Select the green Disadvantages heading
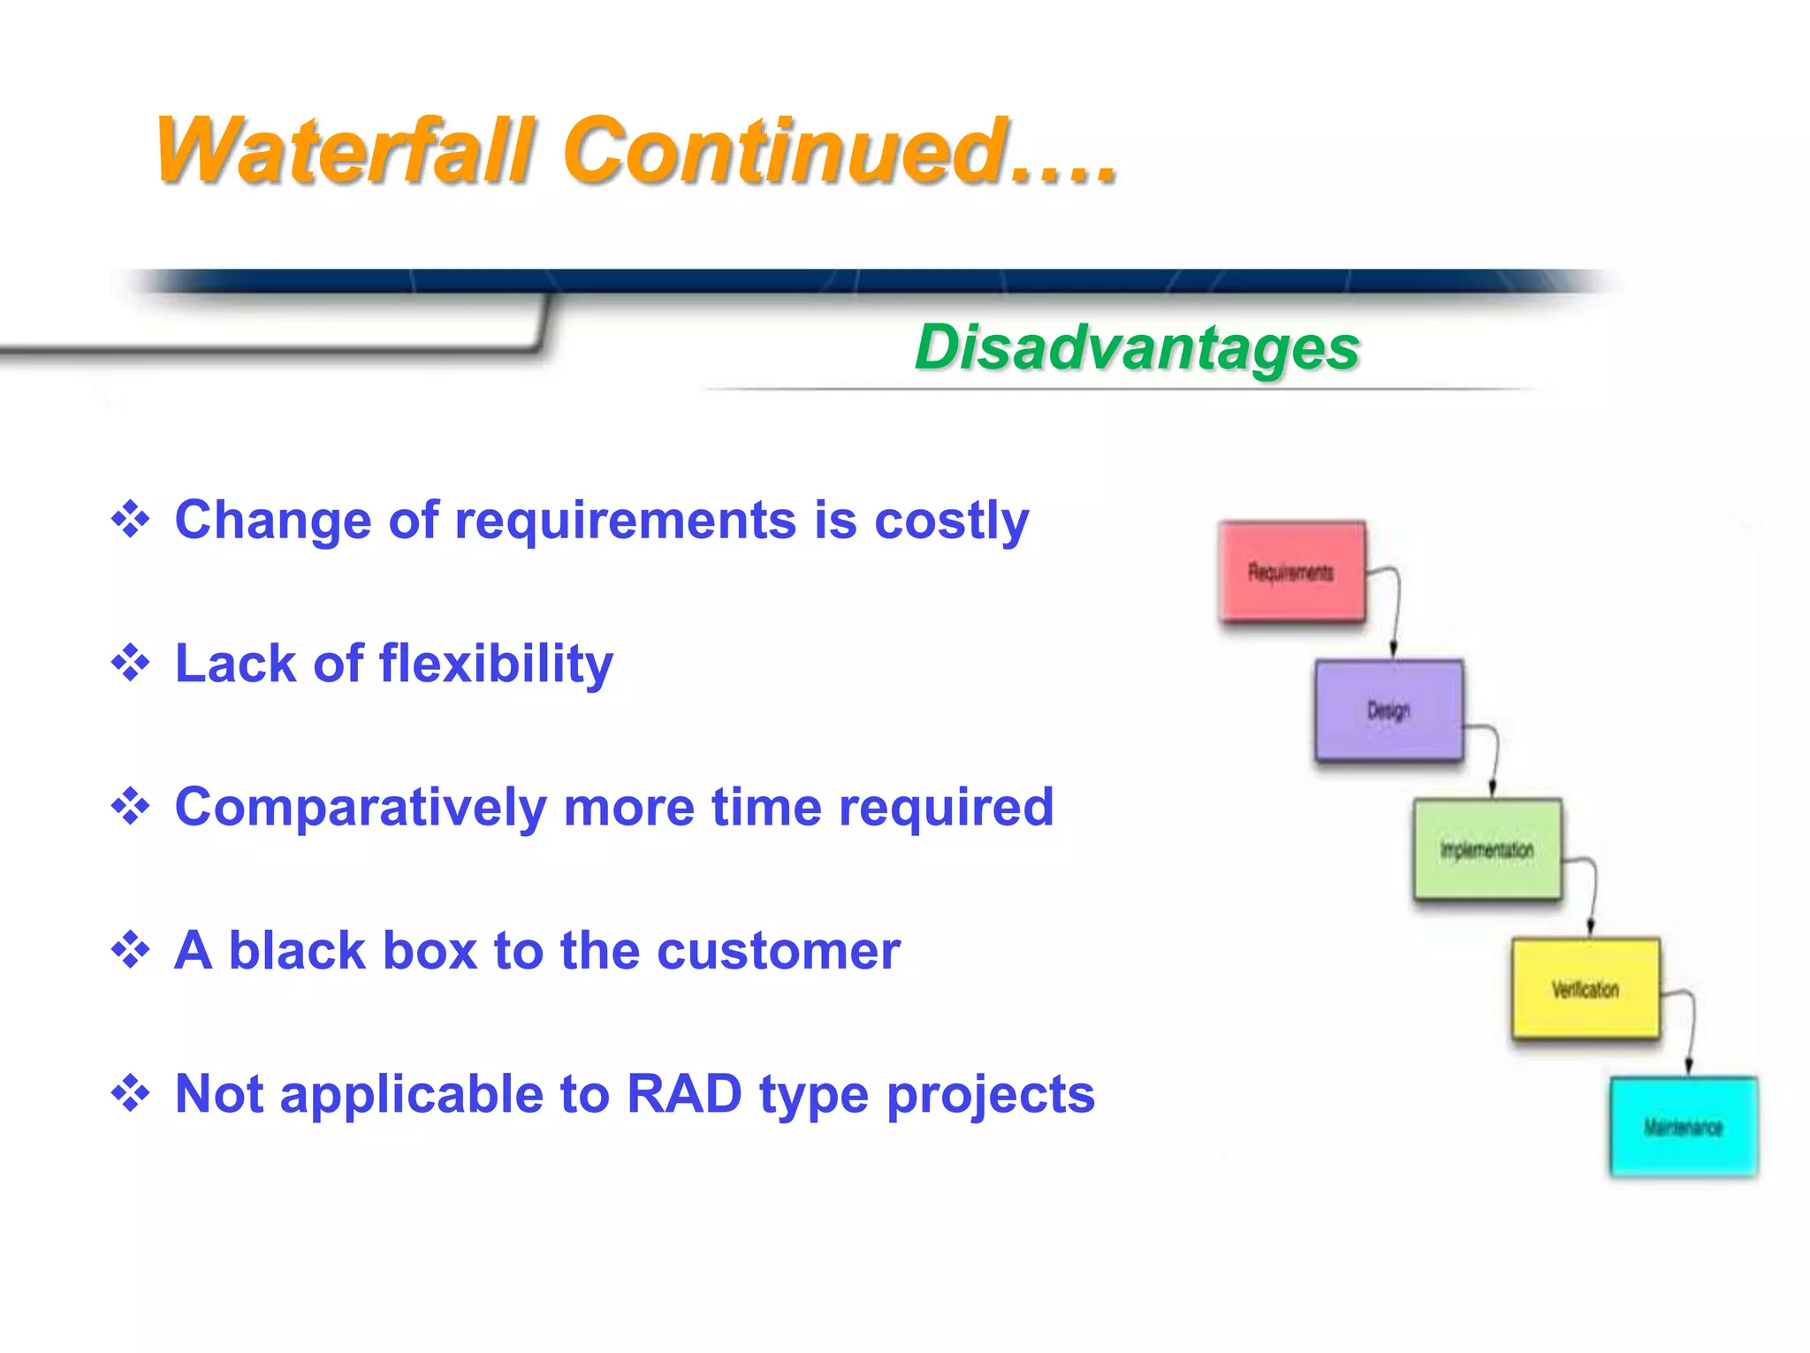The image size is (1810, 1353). pos(1137,347)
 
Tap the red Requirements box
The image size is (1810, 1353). pos(1291,572)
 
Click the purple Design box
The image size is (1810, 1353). pos(1388,710)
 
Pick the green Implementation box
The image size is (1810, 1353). pos(1487,849)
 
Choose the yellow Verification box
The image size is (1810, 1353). pos(1586,988)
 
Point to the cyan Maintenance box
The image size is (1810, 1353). pos(1684,1127)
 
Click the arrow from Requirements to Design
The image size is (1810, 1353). pos(1396,610)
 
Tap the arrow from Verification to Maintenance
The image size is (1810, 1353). pos(1691,1030)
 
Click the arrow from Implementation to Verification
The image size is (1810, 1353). pos(1593,893)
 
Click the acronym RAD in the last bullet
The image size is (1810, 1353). pos(683,1094)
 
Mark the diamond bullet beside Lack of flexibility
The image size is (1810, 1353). pos(131,663)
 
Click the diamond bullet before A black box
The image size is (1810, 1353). pos(131,950)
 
